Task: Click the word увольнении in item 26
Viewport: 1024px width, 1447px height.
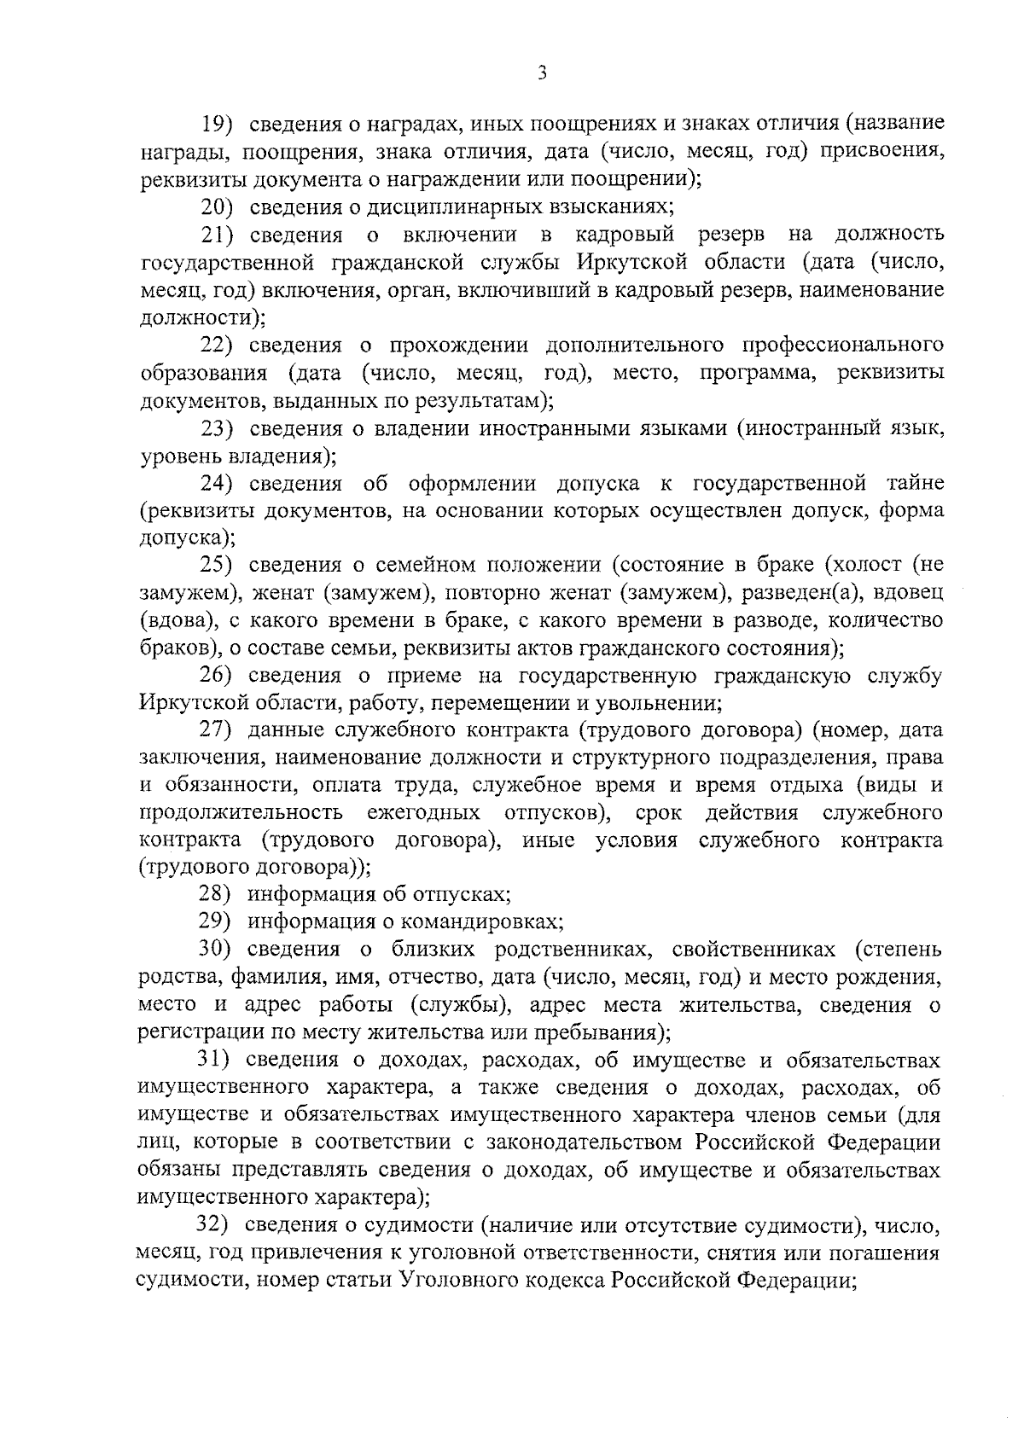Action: point(662,704)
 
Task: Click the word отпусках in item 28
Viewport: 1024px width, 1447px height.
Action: point(460,894)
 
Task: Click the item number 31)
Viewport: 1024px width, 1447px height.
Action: point(215,1061)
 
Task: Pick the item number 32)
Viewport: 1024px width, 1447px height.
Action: point(215,1225)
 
